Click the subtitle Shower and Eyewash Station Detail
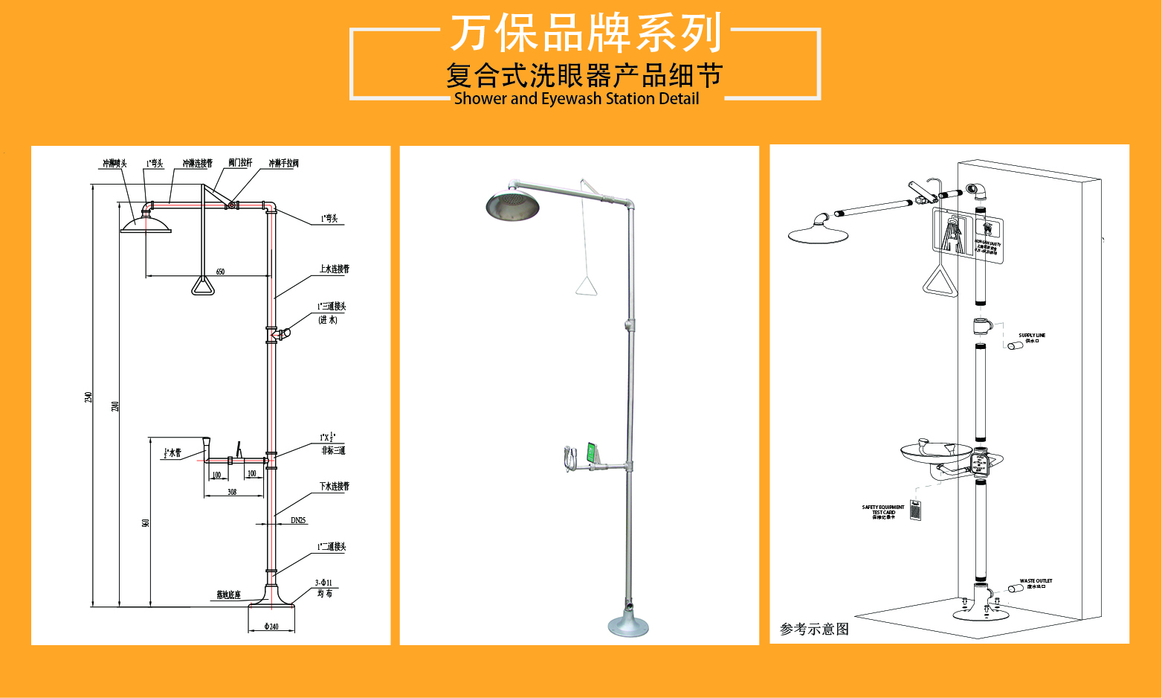pos(576,99)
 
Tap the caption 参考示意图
pos(814,629)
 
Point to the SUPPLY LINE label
pos(1032,337)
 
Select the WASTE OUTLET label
pos(1036,583)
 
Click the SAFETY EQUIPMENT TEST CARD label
pos(883,511)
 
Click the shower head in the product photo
pos(512,205)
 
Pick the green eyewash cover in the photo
pos(591,452)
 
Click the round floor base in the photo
pos(628,625)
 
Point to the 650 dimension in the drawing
pos(220,272)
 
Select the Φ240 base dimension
pos(271,627)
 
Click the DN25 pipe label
pos(298,520)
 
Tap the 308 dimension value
pos(232,492)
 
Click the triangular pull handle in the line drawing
pos(202,286)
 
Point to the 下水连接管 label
pos(334,486)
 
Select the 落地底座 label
pos(228,595)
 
